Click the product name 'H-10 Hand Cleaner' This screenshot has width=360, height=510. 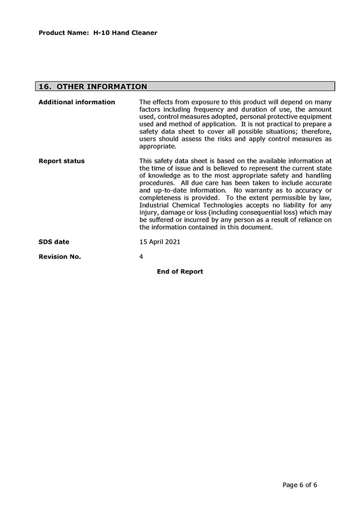pos(125,33)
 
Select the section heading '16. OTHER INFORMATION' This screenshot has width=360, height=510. pos(93,87)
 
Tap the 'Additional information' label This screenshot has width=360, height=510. pos(76,102)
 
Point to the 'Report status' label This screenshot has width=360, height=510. pos(61,161)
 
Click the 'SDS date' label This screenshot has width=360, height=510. pos(54,241)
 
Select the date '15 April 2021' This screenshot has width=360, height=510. pos(160,241)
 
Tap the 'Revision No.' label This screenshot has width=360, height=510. pos(60,257)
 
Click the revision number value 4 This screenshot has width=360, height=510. pos(141,257)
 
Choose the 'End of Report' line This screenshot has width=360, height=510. pos(180,271)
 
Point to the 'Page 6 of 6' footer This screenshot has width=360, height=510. pos(300,485)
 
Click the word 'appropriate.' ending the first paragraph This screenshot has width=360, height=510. pos(157,146)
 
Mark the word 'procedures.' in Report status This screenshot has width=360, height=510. pos(157,183)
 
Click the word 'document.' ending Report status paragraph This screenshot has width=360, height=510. pos(257,227)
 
